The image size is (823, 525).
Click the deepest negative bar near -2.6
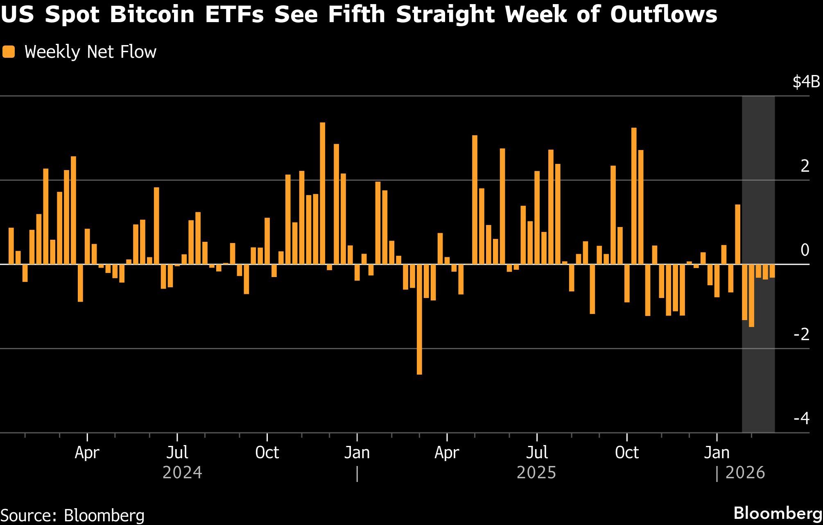(x=419, y=319)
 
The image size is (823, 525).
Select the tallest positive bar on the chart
(x=323, y=193)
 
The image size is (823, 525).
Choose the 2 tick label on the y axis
(x=805, y=166)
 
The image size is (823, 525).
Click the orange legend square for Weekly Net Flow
(x=8, y=52)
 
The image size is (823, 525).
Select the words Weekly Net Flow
(x=90, y=52)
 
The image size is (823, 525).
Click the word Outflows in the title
(x=663, y=15)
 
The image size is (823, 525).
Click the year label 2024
(x=182, y=473)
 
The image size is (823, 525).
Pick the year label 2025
(x=536, y=473)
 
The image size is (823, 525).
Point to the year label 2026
(x=745, y=473)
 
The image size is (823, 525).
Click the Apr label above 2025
(x=447, y=453)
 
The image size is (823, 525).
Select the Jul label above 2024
(x=177, y=453)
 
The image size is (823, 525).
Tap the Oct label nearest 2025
(x=627, y=453)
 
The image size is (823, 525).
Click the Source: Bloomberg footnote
(x=73, y=515)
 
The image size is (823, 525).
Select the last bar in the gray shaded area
(x=772, y=271)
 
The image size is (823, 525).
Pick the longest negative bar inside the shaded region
(x=751, y=295)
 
